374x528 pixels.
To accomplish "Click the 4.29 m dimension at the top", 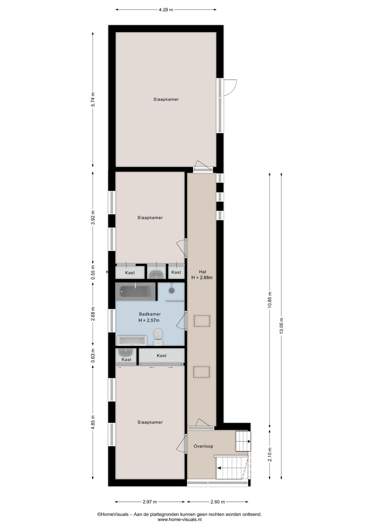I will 166,10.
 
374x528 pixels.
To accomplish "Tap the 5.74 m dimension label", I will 93,99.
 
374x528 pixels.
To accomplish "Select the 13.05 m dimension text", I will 281,326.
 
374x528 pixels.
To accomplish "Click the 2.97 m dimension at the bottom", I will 150,502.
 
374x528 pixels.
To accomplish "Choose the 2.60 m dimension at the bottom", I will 217,502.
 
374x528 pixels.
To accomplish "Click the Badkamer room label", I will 150,314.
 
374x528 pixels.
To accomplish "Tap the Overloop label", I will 203,446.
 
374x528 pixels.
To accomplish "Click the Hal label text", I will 202,272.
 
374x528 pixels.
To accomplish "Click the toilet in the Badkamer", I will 158,336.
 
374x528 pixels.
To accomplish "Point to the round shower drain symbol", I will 171,290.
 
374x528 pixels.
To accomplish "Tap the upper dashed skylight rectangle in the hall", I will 202,321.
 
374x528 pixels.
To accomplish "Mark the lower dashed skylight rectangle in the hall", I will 202,372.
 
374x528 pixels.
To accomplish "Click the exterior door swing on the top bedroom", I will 229,87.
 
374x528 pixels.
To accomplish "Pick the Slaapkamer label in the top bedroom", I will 166,99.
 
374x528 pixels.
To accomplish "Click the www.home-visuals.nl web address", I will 179,519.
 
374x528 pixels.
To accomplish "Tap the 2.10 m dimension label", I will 270,454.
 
